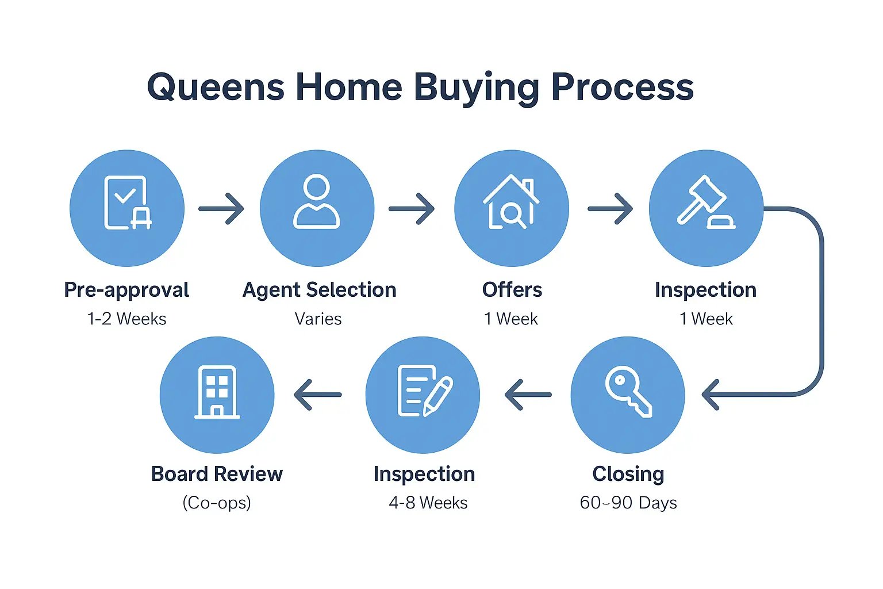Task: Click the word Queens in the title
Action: tap(216, 87)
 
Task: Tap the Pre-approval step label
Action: tap(126, 290)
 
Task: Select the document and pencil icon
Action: tap(424, 392)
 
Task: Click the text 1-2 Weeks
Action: tap(126, 319)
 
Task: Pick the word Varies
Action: tap(318, 319)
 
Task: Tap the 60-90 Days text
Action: tap(628, 503)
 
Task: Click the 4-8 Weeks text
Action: tap(428, 503)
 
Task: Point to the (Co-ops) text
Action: tap(217, 503)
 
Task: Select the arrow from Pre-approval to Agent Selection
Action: tap(221, 208)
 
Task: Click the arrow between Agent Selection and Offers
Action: tap(412, 208)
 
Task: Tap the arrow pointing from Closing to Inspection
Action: tap(528, 395)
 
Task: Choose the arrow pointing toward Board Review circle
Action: tap(317, 395)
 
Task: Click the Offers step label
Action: tap(512, 290)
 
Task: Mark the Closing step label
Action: tap(628, 474)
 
